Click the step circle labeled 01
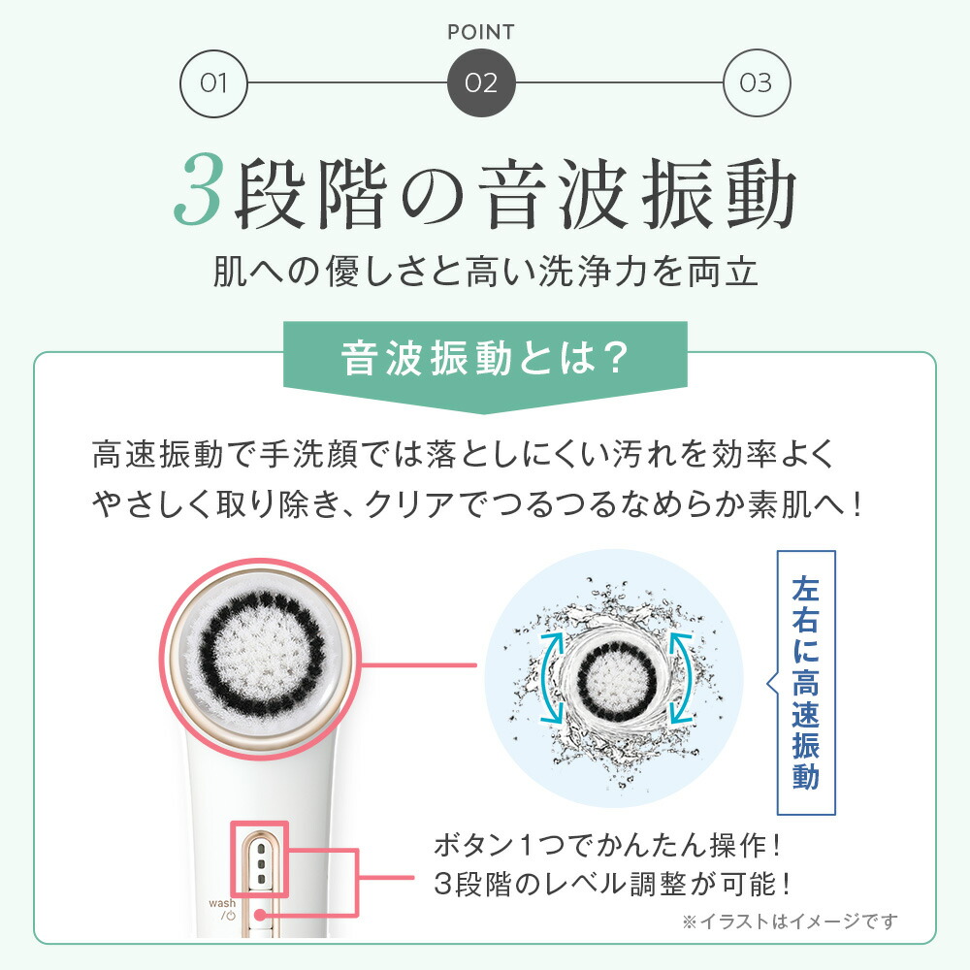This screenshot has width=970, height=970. click(214, 81)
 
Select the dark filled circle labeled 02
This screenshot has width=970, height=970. click(481, 81)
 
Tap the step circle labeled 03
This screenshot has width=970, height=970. click(757, 81)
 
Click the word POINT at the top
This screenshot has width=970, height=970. click(482, 31)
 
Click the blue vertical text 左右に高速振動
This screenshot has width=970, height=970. click(806, 683)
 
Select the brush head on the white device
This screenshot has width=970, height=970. click(259, 655)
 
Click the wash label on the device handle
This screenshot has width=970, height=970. click(222, 902)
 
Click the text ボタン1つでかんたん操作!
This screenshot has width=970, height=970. click(608, 845)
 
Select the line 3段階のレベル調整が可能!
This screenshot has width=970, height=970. click(613, 884)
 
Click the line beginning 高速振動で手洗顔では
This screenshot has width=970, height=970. click(463, 454)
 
